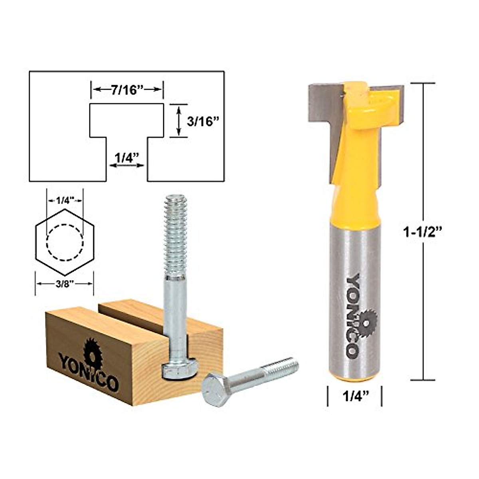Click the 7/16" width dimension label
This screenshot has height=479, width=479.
(127, 90)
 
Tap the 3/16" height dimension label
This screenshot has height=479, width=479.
(204, 121)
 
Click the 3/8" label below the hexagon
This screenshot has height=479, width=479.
(64, 284)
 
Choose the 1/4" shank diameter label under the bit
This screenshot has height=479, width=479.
(354, 397)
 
